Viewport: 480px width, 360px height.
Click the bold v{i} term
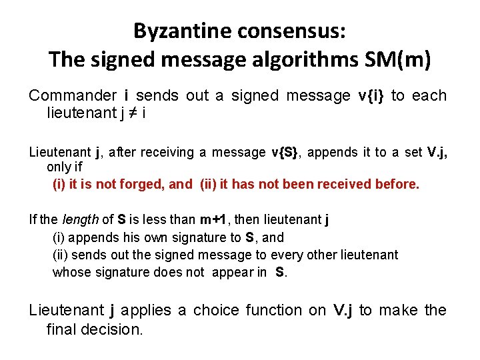367,96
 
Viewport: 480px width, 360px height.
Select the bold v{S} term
287,152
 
